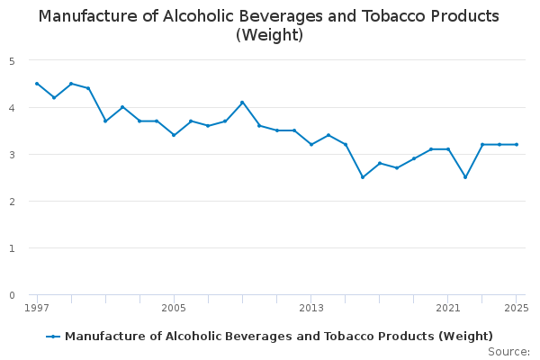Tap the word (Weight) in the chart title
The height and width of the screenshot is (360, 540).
(x=269, y=36)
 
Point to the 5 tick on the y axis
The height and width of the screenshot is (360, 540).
(x=13, y=61)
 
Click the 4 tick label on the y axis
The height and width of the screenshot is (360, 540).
(x=13, y=108)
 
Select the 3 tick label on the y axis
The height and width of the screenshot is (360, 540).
(x=13, y=155)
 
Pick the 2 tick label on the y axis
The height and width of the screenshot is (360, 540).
(x=13, y=202)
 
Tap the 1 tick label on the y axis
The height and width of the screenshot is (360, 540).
(x=13, y=248)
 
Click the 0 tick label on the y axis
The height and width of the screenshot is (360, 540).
(x=13, y=295)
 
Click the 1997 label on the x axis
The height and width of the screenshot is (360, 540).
(x=37, y=308)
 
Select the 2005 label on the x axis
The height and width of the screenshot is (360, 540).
(x=174, y=308)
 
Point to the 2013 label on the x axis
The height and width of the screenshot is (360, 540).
(x=311, y=308)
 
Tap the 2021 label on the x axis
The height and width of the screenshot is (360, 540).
(x=448, y=308)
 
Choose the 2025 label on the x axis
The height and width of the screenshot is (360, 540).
(x=517, y=308)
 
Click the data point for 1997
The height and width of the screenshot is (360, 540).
(x=37, y=84)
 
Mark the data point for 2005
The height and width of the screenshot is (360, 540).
(x=174, y=135)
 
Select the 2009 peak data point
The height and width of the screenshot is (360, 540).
(x=242, y=103)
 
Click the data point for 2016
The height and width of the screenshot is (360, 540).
(x=363, y=177)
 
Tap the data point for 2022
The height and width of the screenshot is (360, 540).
(x=465, y=177)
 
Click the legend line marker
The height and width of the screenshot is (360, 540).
(x=54, y=337)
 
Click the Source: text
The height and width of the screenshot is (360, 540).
(x=508, y=351)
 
